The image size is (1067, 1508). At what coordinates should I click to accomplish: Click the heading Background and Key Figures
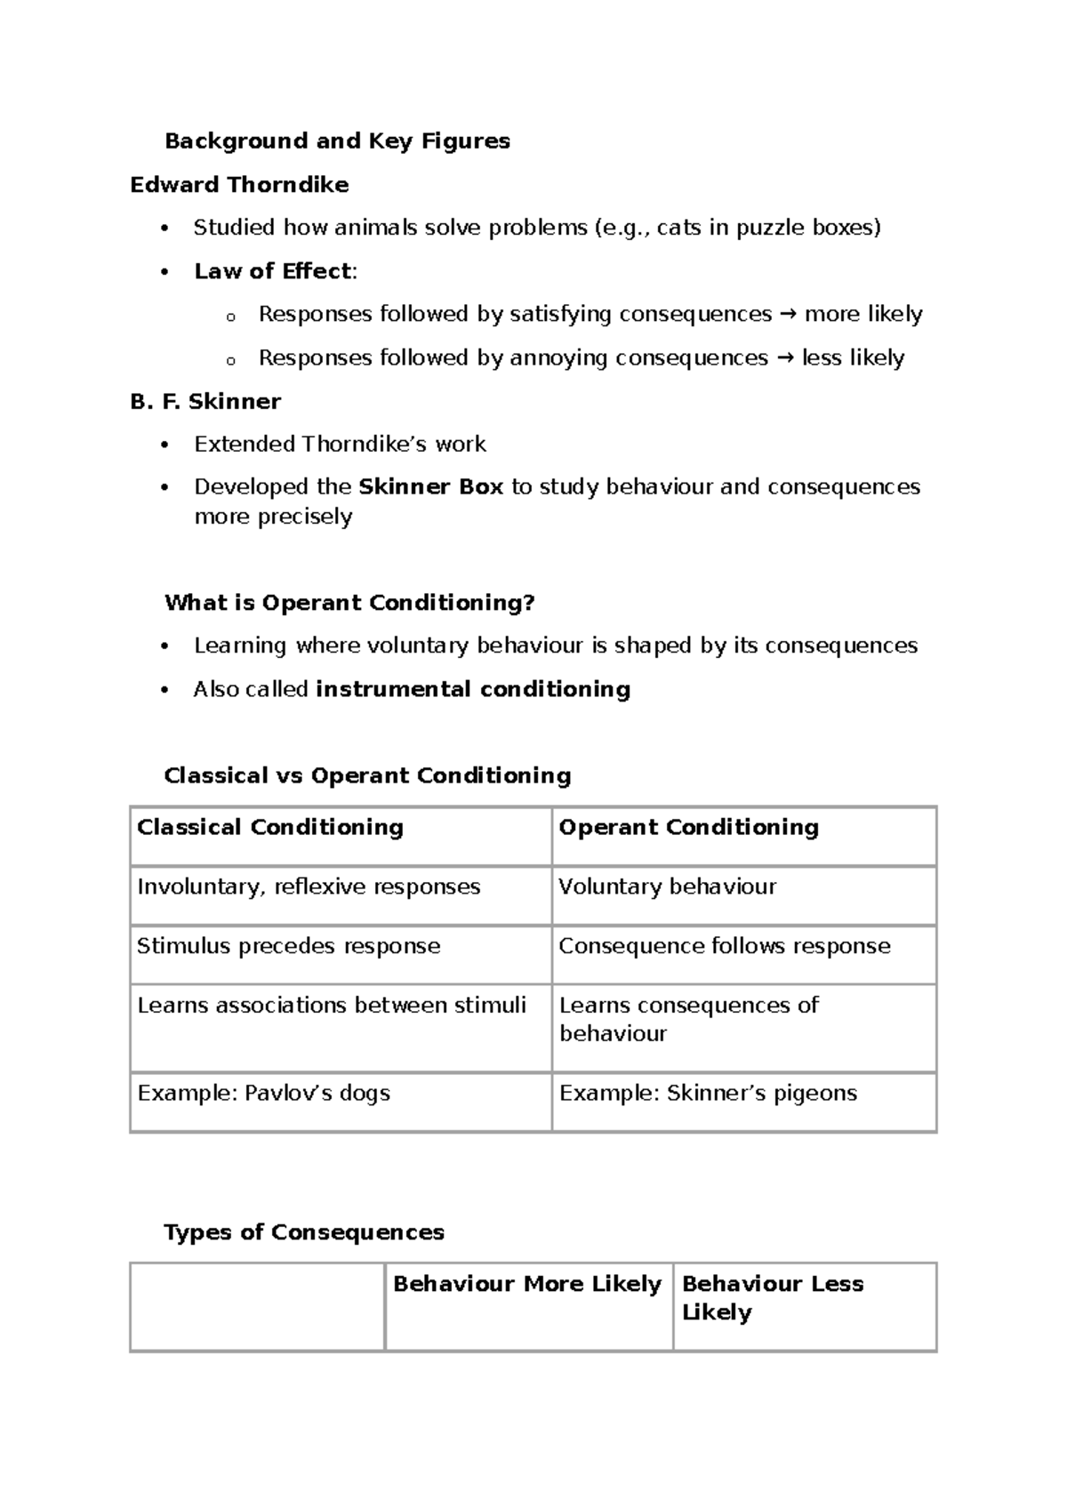(337, 140)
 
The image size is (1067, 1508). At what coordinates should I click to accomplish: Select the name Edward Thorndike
(239, 185)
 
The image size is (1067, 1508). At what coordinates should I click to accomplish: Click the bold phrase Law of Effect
(273, 271)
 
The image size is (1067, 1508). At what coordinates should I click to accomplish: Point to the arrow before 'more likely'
(788, 314)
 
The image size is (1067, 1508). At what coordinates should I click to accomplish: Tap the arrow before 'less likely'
(785, 357)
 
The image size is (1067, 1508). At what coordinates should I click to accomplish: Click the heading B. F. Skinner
(205, 401)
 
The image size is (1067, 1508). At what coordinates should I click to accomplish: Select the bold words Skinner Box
(431, 487)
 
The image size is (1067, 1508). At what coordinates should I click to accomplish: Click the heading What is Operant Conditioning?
(349, 603)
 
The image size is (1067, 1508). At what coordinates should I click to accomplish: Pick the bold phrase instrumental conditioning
(473, 689)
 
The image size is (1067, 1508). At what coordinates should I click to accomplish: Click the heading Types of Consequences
(304, 1232)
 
